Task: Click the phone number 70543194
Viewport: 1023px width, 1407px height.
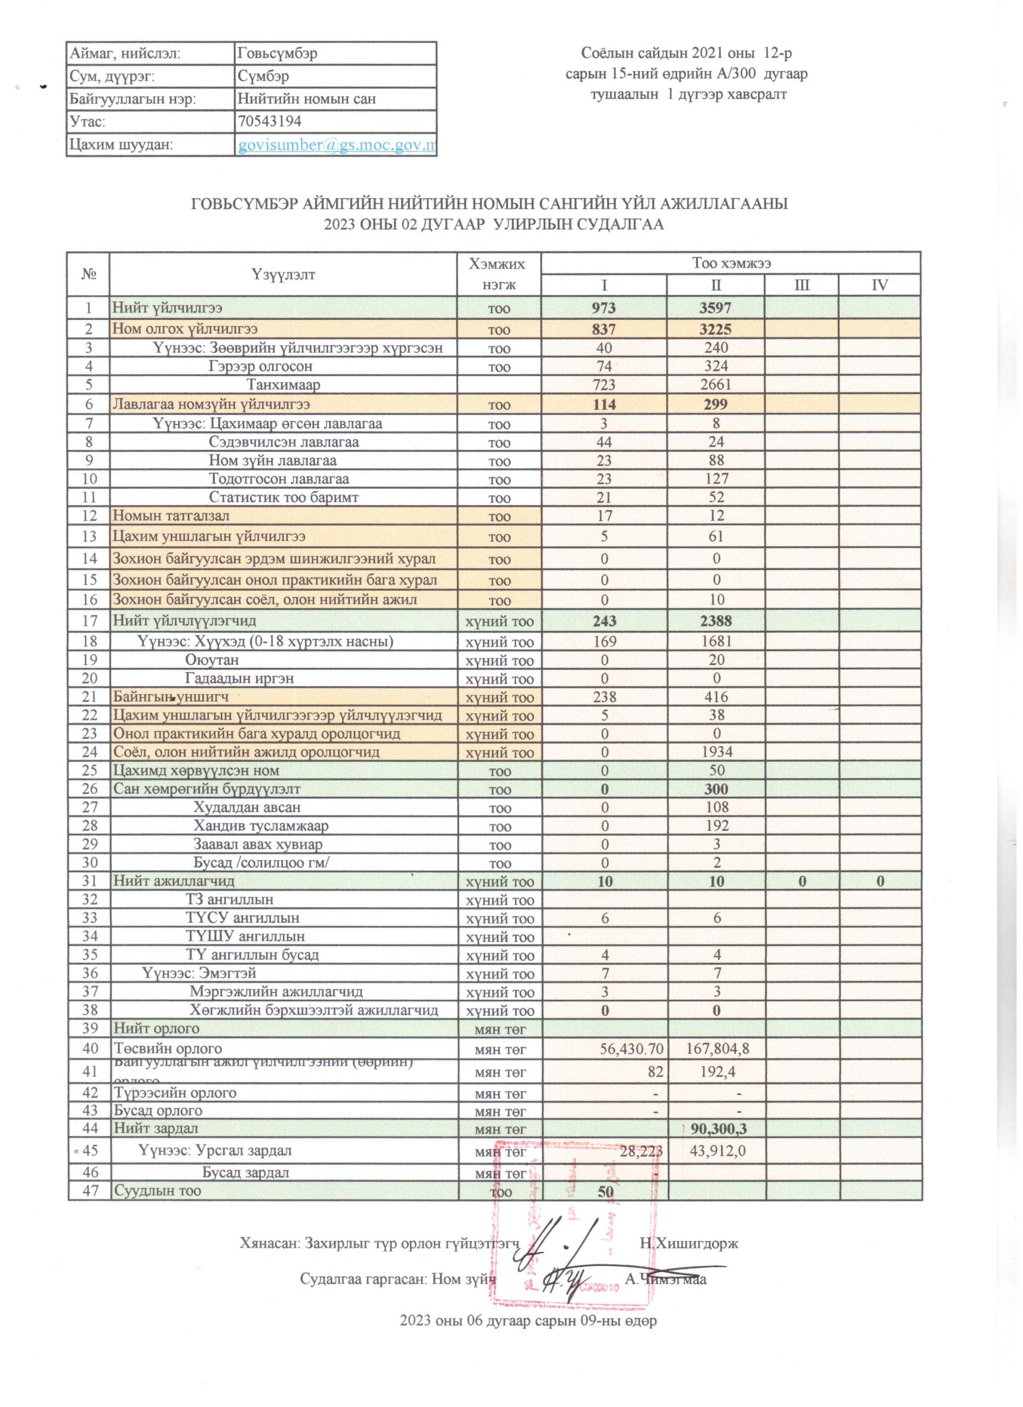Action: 270,121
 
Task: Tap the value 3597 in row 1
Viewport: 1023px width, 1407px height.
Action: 716,307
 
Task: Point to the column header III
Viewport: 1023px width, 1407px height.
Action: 801,285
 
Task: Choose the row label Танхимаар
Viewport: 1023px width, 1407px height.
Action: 283,385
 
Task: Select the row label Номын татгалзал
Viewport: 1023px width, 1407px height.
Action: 170,516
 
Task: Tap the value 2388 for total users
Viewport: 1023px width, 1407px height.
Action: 716,621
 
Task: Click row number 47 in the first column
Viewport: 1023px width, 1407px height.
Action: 90,1190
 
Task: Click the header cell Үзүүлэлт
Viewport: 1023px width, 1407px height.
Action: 283,274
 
